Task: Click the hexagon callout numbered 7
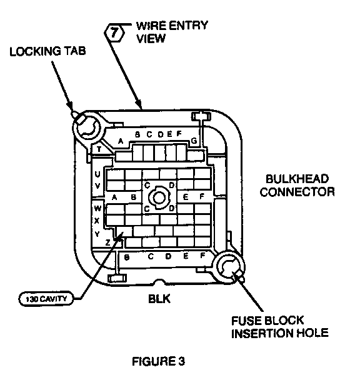coord(114,32)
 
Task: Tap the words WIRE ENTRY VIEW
coord(172,32)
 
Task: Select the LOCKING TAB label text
coord(47,51)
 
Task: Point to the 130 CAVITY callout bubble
coord(46,299)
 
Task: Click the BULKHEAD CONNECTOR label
coord(297,185)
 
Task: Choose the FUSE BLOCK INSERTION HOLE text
coord(280,327)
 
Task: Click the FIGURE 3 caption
coord(159,361)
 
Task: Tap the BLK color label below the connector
coord(159,299)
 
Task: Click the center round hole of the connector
coord(159,197)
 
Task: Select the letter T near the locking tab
coord(99,149)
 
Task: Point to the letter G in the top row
coord(194,141)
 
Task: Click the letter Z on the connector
coord(107,242)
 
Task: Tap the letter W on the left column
coord(97,208)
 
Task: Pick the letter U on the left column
coord(97,174)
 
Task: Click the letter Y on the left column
coord(97,234)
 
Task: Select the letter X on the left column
coord(97,221)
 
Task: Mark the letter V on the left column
coord(97,186)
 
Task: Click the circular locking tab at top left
coord(86,127)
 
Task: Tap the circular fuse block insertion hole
coord(229,267)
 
